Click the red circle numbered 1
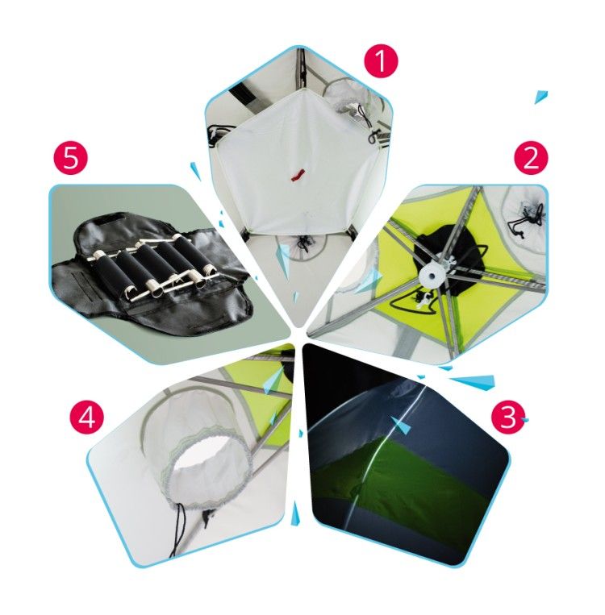coord(381,61)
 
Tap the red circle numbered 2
coord(532,158)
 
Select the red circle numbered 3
coord(508,418)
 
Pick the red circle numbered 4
coord(87,418)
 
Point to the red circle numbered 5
coord(71,158)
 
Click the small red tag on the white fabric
coord(298,176)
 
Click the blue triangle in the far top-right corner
coord(541,97)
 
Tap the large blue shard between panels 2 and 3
coord(473,381)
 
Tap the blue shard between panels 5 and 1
coord(195,172)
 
